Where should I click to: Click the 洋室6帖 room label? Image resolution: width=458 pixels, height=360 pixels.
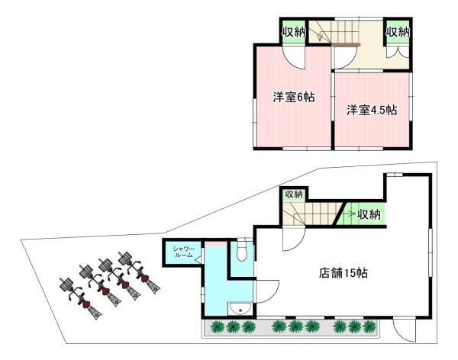coord(294,97)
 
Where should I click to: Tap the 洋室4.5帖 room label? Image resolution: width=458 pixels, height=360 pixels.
coord(372,111)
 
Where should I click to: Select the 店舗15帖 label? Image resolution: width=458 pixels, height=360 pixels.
coord(343,273)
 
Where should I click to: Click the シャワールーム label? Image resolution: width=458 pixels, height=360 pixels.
coord(184,252)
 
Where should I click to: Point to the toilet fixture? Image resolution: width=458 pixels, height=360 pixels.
coord(242,249)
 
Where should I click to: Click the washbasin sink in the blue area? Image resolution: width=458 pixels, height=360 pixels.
coord(240,308)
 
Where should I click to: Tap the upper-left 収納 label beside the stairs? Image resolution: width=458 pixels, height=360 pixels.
coord(293,31)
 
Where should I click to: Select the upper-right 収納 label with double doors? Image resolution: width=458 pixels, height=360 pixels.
coord(398,31)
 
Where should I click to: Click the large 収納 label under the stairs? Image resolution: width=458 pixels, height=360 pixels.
coord(369,214)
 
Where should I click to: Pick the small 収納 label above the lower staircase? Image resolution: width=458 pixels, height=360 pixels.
coord(294,194)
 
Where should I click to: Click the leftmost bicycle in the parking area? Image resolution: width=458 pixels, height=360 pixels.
coord(81,299)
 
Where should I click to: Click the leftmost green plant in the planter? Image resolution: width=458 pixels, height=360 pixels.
coord(217,326)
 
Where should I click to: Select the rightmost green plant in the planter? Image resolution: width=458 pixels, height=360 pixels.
coord(369,326)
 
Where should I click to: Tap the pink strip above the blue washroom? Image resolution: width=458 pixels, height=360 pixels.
coord(215,244)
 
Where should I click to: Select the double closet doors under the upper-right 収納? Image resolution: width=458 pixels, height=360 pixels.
coord(398,53)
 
